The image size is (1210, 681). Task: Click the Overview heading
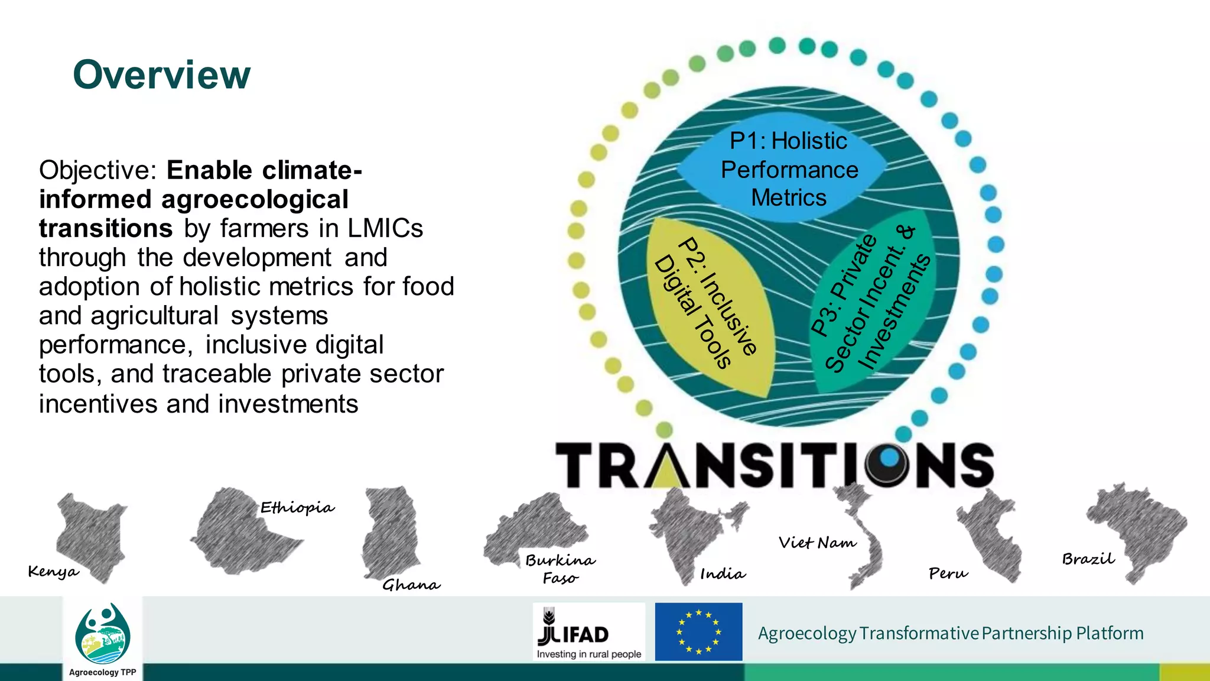[x=162, y=75]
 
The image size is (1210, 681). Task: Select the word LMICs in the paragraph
[x=385, y=229]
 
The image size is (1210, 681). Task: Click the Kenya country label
[x=53, y=572]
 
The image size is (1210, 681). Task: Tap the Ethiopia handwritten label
[x=297, y=508]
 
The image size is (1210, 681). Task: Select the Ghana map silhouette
[x=390, y=529]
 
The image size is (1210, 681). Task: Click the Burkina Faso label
[x=560, y=568]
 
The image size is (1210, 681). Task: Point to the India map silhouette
[x=691, y=532]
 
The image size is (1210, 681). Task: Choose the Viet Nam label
[x=817, y=543]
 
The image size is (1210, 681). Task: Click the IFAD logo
[x=588, y=632]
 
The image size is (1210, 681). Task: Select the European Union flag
[x=698, y=632]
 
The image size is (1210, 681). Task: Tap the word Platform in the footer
[x=1110, y=633]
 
